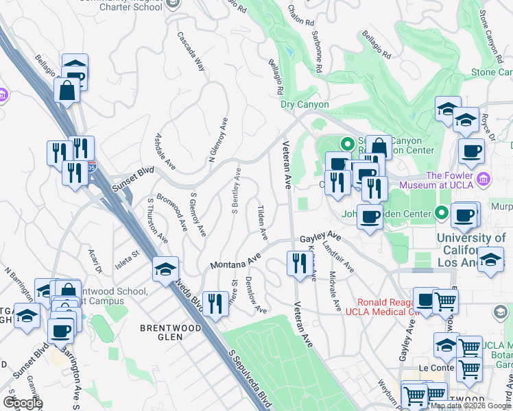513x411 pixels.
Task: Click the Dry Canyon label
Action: [305, 105]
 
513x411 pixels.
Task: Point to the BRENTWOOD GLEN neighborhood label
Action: [161, 332]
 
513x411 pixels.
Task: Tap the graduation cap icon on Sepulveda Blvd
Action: [165, 269]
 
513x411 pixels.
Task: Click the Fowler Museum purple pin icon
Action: [484, 180]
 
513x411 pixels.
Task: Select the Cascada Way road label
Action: [191, 51]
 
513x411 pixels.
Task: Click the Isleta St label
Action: [126, 256]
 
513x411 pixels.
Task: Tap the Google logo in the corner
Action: [23, 402]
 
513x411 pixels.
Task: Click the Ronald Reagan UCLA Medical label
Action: [384, 307]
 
